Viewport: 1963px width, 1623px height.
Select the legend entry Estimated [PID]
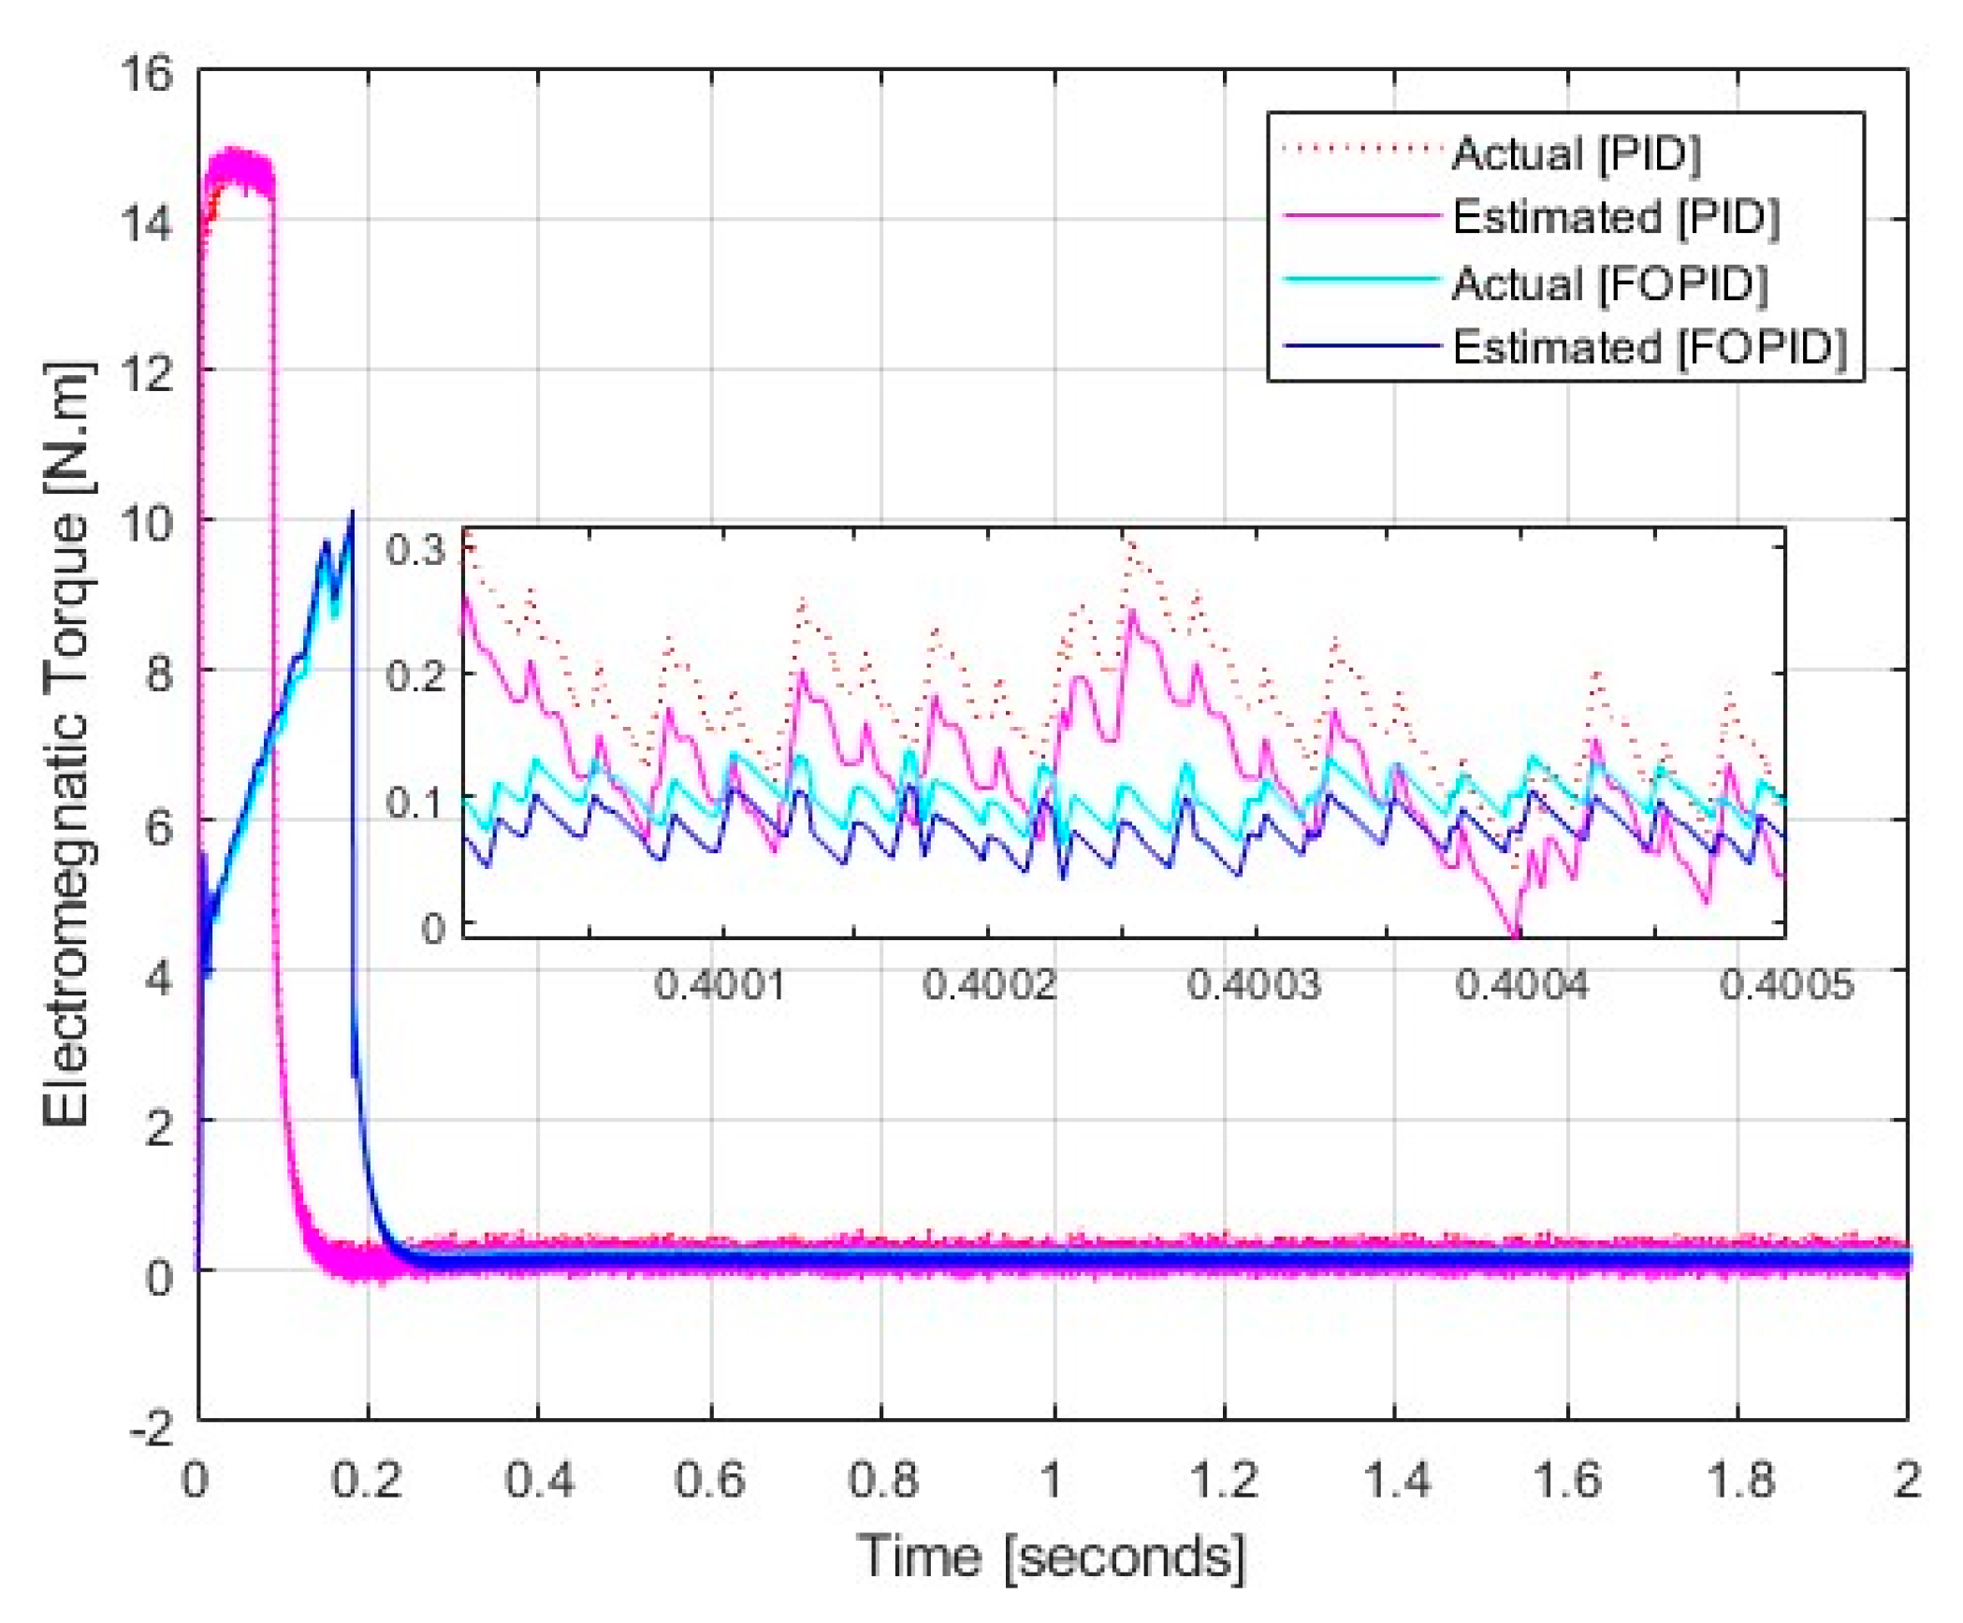click(x=1614, y=217)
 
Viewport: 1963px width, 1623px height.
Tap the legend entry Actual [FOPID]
click(x=1609, y=283)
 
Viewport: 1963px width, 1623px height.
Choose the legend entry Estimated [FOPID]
click(x=1649, y=347)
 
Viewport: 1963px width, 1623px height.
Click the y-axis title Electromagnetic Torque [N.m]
click(x=67, y=744)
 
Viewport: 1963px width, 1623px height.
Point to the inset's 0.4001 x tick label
click(x=720, y=985)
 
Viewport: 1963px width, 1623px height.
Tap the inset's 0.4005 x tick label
click(x=1786, y=985)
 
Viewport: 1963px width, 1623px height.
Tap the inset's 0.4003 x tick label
click(x=1254, y=985)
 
